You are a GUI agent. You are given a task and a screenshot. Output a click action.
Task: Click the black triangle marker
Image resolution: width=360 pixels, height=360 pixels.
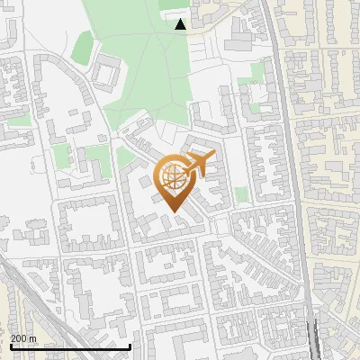coord(181,24)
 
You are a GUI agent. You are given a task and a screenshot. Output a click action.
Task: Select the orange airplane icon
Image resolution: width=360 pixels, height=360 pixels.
coord(200,165)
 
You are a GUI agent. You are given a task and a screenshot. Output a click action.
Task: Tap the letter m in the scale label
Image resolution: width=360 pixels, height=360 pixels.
coord(33,338)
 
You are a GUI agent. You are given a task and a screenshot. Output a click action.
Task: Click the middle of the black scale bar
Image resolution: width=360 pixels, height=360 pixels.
coord(70,346)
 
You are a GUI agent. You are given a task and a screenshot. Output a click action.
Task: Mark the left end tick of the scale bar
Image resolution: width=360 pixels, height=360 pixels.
coord(10,346)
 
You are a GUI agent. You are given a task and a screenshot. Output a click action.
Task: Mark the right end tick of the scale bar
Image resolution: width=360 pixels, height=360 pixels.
coord(130,346)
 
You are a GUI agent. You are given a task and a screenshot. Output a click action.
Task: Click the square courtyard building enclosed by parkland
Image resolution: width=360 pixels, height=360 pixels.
coord(106,72)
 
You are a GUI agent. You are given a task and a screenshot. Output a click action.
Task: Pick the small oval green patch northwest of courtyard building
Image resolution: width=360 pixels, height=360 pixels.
coord(83,43)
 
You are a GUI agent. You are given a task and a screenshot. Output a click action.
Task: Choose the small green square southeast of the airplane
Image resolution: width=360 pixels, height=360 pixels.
coord(241,193)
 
